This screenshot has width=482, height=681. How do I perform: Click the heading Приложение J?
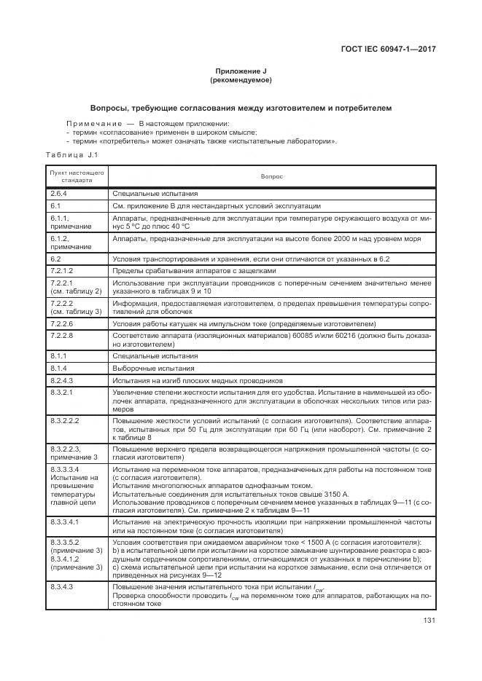point(241,71)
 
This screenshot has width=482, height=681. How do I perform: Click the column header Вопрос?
point(271,176)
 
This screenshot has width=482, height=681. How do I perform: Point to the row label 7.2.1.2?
point(61,270)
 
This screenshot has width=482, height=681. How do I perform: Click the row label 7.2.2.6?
point(61,323)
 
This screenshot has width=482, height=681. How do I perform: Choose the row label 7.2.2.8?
point(61,335)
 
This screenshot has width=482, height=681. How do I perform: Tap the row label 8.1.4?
point(58,368)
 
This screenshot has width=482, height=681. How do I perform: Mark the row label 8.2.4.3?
point(61,380)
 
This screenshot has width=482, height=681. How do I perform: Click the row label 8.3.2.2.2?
point(64,420)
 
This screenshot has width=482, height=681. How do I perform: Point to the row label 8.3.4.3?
point(61,586)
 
